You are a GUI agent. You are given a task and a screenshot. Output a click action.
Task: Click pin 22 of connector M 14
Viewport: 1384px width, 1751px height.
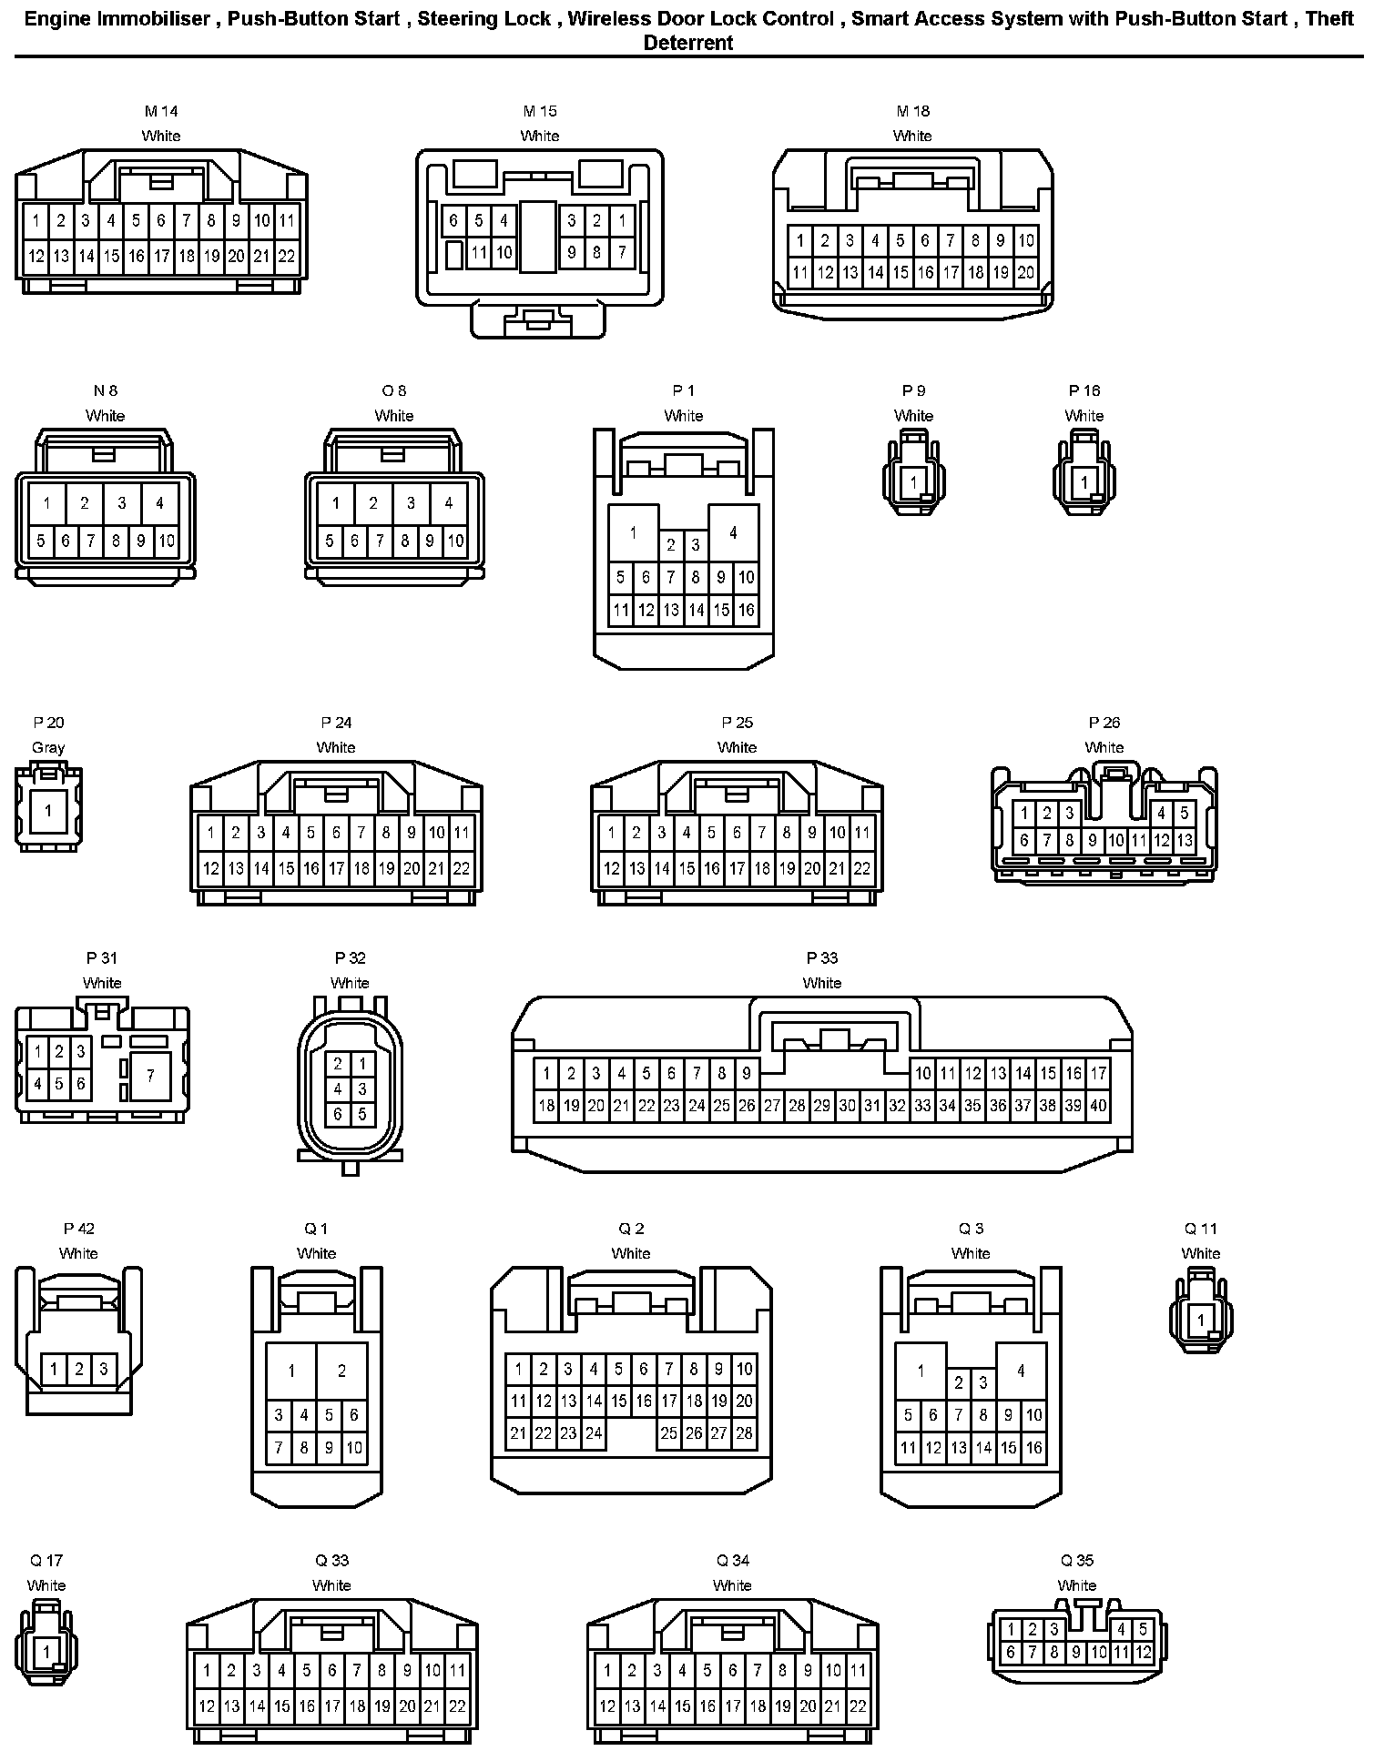pos(286,257)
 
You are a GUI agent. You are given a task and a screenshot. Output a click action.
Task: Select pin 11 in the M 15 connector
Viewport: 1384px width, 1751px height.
pos(479,252)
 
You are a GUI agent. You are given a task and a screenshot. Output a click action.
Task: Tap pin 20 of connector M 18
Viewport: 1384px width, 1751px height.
pos(1026,272)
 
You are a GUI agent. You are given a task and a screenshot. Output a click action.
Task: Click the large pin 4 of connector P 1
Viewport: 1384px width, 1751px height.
pos(733,531)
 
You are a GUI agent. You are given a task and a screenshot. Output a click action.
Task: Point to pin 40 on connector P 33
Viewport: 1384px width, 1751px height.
pos(1098,1106)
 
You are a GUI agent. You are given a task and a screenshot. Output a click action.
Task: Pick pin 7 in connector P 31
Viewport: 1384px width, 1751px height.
pos(150,1075)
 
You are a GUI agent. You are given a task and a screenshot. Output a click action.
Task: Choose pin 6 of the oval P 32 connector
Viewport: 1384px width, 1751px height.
pos(338,1114)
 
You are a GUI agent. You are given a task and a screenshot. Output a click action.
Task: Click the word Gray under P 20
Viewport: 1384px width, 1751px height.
pos(48,747)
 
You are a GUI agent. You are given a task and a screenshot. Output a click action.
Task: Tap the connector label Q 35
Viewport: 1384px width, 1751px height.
pos(1077,1560)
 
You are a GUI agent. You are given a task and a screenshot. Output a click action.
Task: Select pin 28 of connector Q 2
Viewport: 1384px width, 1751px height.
pos(744,1433)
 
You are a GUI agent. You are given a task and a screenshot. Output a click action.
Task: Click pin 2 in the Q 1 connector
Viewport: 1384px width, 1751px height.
pos(341,1371)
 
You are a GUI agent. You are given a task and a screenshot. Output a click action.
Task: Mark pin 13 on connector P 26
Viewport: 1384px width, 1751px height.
pos(1184,841)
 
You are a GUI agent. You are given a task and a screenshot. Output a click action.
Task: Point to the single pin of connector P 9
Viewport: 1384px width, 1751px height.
pos(913,482)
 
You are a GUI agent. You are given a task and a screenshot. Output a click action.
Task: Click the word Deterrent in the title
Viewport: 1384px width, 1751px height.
pos(688,43)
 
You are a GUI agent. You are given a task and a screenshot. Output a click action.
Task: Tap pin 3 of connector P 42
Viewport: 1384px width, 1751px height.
pos(104,1368)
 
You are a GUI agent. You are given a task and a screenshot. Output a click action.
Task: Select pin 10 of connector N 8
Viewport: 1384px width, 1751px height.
pos(166,541)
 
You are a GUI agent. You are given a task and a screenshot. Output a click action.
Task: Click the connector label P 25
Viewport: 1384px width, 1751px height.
pos(737,723)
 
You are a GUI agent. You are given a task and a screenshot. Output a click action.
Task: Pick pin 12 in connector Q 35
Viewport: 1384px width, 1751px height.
pos(1143,1652)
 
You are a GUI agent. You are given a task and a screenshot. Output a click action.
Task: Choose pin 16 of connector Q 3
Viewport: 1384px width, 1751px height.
pos(1033,1447)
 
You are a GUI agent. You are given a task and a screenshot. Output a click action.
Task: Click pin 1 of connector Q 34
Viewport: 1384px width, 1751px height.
pos(607,1670)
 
